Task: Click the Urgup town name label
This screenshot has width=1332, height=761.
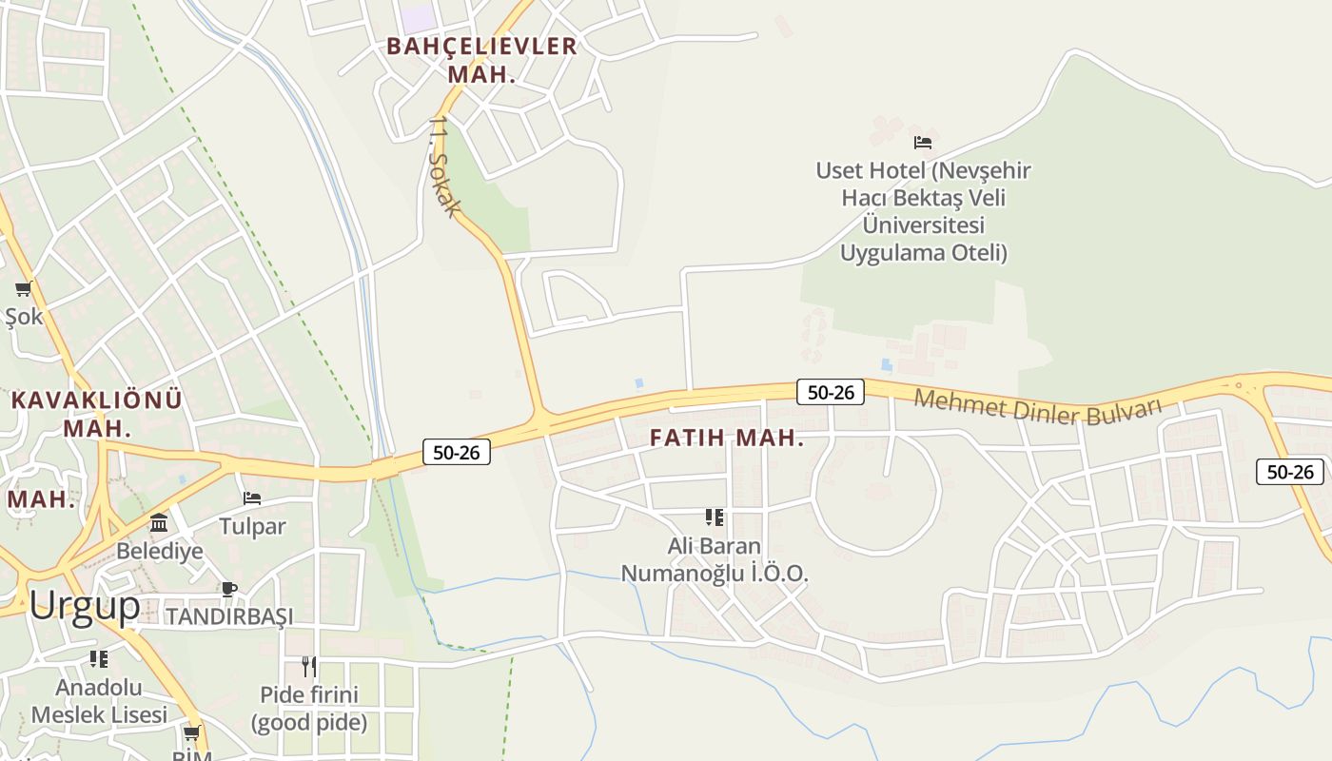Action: click(x=85, y=606)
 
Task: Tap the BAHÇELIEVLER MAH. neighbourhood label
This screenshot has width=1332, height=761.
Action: click(x=481, y=60)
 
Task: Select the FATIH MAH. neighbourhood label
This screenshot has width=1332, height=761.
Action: click(x=727, y=439)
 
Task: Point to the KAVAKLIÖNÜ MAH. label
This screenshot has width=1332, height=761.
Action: click(x=96, y=414)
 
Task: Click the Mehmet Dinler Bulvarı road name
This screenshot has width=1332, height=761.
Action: click(x=1038, y=407)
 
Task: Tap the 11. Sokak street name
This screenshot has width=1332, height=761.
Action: click(x=445, y=167)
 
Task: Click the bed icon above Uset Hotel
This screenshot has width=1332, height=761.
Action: click(x=923, y=143)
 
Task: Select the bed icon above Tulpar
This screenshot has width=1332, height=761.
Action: click(x=252, y=498)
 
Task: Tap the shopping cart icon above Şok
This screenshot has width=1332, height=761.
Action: click(x=23, y=288)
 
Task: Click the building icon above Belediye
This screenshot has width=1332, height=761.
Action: click(x=159, y=523)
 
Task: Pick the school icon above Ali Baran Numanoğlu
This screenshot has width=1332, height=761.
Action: click(x=715, y=517)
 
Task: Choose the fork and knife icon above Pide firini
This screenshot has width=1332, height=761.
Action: click(x=309, y=665)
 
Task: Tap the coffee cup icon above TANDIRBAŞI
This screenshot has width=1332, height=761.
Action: click(x=229, y=589)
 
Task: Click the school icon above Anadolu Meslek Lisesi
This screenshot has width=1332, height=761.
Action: click(x=99, y=658)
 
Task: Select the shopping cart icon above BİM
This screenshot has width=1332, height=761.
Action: click(x=192, y=732)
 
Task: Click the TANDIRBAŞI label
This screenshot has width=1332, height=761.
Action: click(x=230, y=616)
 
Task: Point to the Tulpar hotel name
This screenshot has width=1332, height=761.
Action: click(x=252, y=526)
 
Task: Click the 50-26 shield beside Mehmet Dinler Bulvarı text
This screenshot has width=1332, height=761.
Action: click(x=830, y=392)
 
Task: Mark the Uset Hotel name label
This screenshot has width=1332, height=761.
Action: click(x=923, y=211)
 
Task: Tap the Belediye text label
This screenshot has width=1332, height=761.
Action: click(x=160, y=551)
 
